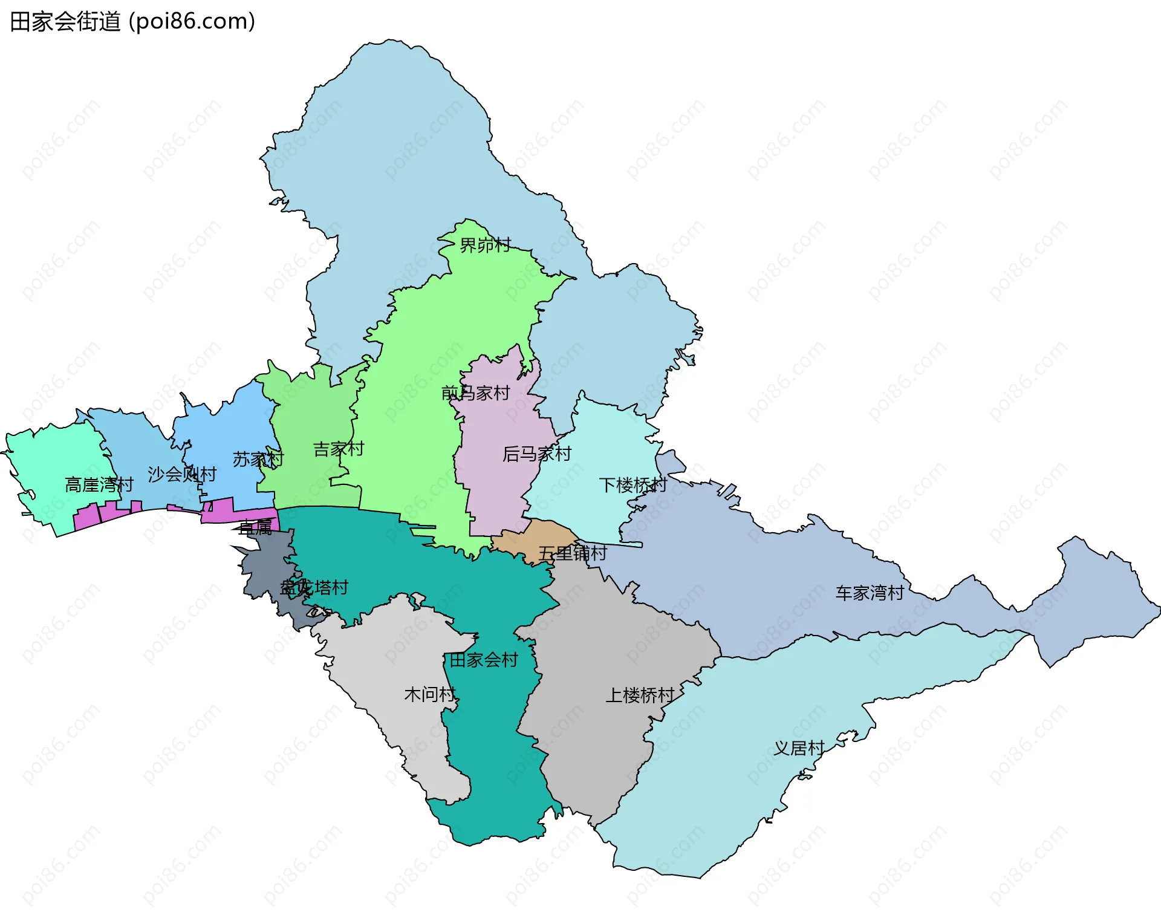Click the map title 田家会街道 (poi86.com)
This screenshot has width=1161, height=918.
132,21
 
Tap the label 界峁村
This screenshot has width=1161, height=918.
485,245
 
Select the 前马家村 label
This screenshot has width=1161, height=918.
476,393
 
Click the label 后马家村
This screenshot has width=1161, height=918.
536,454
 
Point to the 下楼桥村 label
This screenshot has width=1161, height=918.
633,485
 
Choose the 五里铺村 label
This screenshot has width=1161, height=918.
572,553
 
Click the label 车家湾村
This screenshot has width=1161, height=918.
869,593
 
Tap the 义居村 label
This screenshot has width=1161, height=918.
799,748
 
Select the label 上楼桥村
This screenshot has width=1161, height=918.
640,695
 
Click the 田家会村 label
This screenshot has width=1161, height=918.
483,660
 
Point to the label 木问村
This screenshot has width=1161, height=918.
429,694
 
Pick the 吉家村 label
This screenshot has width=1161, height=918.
338,449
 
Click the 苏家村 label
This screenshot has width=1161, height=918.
258,459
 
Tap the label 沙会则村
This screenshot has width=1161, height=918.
182,474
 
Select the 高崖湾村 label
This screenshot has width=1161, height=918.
99,484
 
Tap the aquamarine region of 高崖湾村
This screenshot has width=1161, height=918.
54,460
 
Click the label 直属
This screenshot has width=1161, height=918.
255,528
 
